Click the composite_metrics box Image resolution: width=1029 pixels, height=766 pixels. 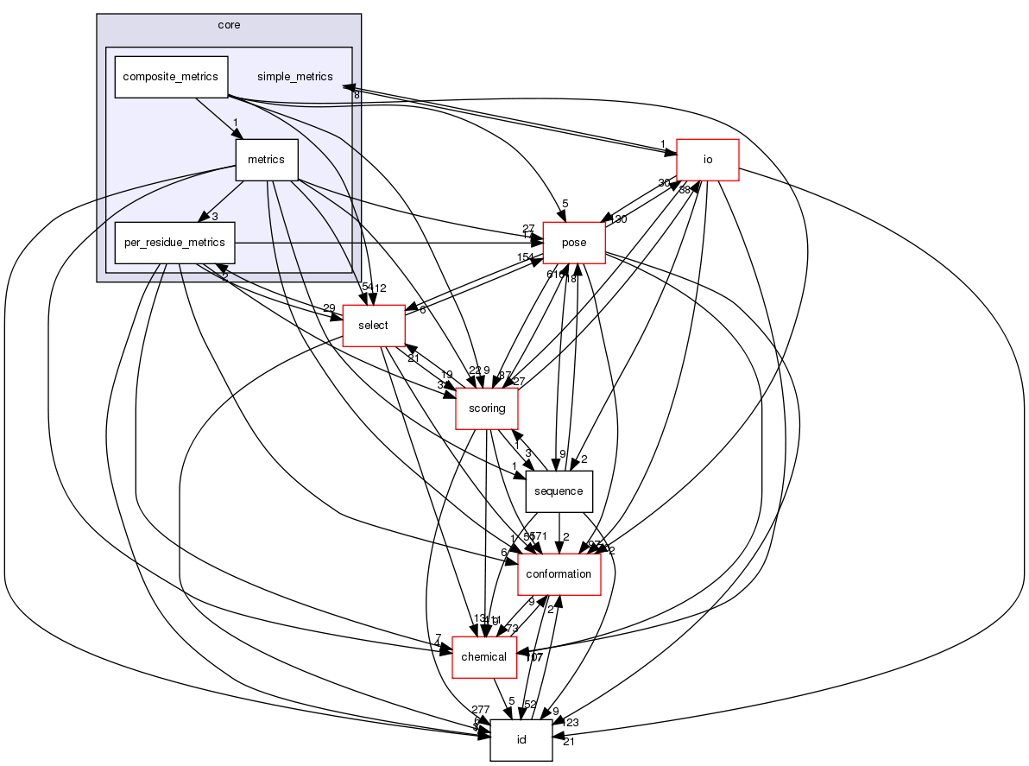pyautogui.click(x=171, y=77)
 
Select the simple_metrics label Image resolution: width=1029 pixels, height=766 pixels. pyautogui.click(x=294, y=77)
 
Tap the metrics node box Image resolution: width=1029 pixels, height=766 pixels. pyautogui.click(x=267, y=160)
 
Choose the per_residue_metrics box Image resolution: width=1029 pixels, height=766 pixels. pyautogui.click(x=175, y=243)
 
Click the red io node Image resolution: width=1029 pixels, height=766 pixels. pyautogui.click(x=707, y=160)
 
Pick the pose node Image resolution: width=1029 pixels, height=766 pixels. pyautogui.click(x=573, y=243)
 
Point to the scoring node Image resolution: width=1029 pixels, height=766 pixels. pyautogui.click(x=486, y=408)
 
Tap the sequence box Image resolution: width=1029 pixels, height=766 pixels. pyautogui.click(x=559, y=491)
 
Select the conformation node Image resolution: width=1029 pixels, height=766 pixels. pyautogui.click(x=559, y=574)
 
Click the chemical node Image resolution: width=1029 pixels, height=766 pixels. pyautogui.click(x=484, y=657)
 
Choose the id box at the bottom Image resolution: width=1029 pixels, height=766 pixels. pyautogui.click(x=521, y=740)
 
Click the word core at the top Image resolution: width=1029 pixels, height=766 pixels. pyautogui.click(x=229, y=25)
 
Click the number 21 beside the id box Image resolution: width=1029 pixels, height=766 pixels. pyautogui.click(x=569, y=743)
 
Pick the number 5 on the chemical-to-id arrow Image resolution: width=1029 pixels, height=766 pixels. pyautogui.click(x=511, y=701)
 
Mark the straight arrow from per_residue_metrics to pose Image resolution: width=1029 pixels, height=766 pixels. pyautogui.click(x=388, y=243)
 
